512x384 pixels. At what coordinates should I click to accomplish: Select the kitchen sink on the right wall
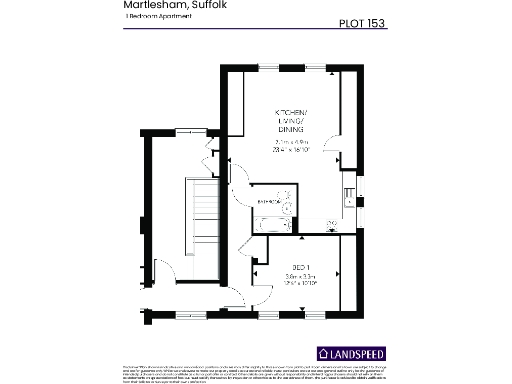(x=348, y=194)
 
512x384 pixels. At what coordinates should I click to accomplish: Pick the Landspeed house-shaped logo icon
(x=323, y=353)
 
